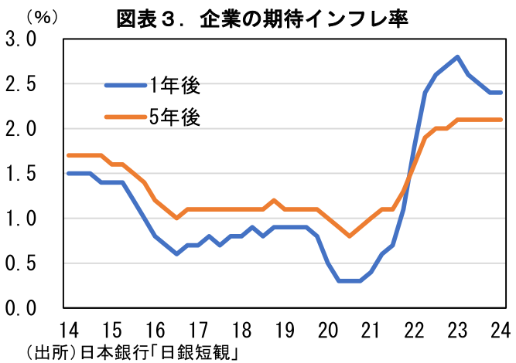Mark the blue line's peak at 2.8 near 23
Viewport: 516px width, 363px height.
[x=458, y=56]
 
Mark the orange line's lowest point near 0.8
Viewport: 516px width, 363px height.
[x=350, y=236]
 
